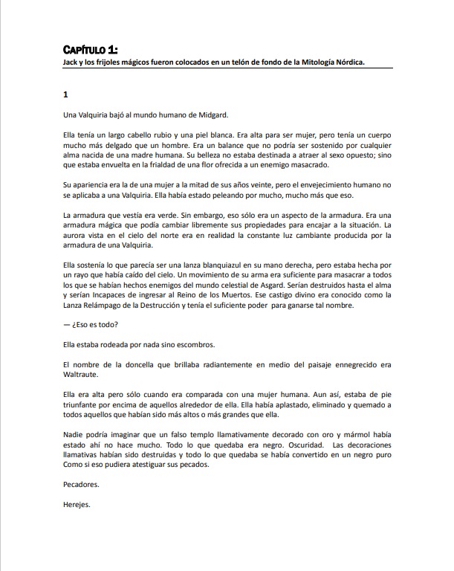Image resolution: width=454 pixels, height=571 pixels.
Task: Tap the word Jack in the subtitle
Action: pos(72,63)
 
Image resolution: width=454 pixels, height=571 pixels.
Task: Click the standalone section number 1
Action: pos(66,95)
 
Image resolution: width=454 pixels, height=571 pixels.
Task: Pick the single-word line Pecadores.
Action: pos(82,484)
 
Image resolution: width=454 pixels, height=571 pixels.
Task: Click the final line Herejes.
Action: pos(77,504)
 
